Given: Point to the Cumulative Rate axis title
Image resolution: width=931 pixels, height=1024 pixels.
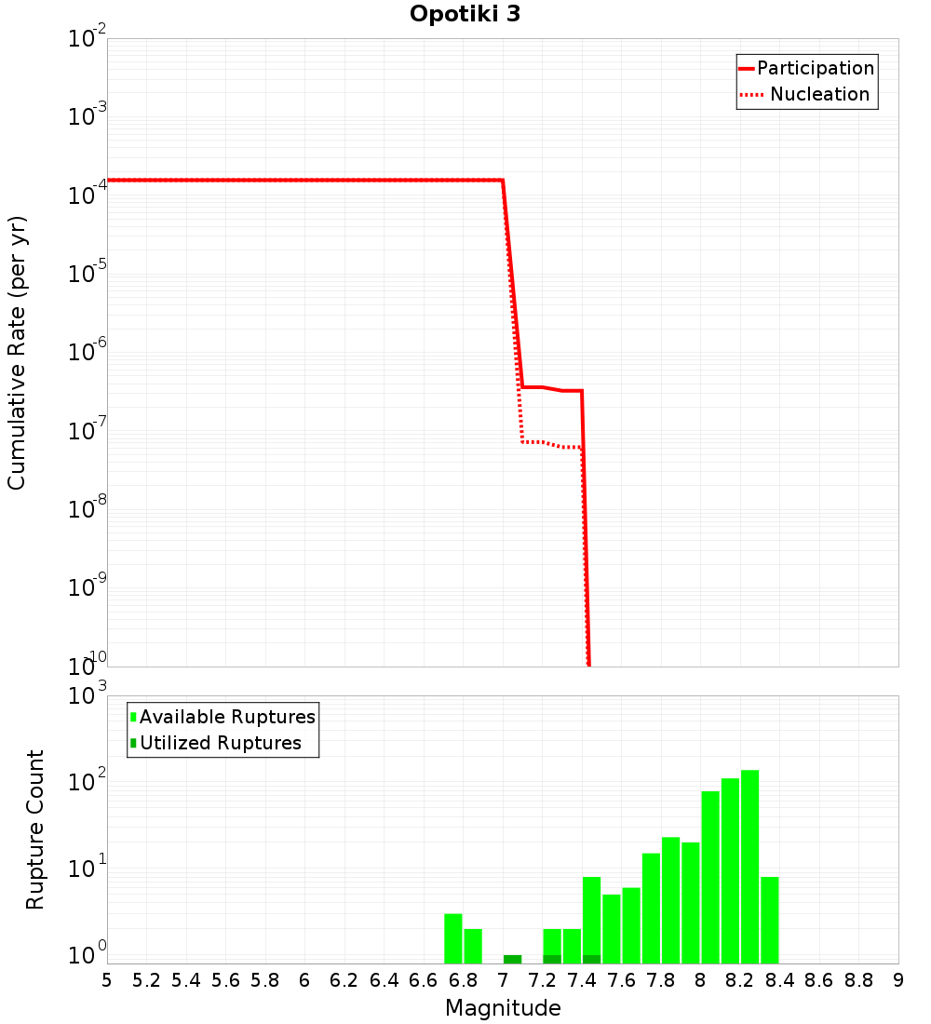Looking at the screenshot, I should [x=17, y=353].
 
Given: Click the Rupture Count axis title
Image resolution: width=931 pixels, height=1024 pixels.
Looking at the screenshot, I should [x=35, y=829].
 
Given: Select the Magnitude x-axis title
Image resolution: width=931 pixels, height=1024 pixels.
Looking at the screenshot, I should [x=503, y=1007].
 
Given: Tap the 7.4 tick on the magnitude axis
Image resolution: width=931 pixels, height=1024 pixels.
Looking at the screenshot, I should [x=582, y=980].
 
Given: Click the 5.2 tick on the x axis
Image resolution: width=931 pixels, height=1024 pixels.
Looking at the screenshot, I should [x=146, y=980].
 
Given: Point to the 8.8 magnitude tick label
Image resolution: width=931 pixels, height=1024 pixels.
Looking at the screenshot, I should [x=858, y=980].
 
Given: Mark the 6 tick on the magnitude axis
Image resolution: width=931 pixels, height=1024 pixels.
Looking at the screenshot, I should [x=304, y=980].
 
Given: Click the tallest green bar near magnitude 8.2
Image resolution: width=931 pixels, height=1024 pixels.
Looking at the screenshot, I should [x=749, y=866].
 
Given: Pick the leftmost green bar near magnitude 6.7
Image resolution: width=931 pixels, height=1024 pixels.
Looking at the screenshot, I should [x=453, y=938].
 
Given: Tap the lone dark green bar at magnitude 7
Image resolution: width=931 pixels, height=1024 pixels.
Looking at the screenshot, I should [x=512, y=959].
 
